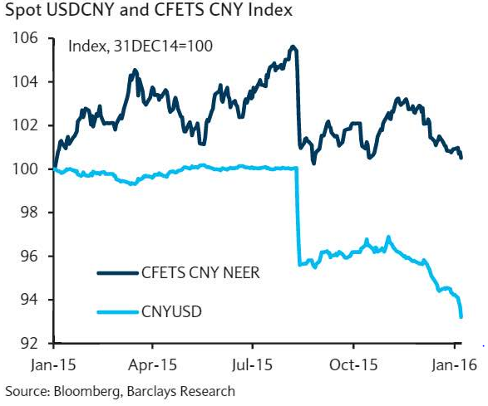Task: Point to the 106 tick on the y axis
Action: pyautogui.click(x=23, y=38)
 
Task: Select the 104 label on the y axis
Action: pyautogui.click(x=23, y=82)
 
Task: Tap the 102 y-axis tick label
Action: pyautogui.click(x=23, y=125)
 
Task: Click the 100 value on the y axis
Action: pyautogui.click(x=23, y=169)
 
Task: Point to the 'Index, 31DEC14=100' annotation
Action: pyautogui.click(x=140, y=46)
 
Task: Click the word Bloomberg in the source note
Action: pyautogui.click(x=82, y=390)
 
